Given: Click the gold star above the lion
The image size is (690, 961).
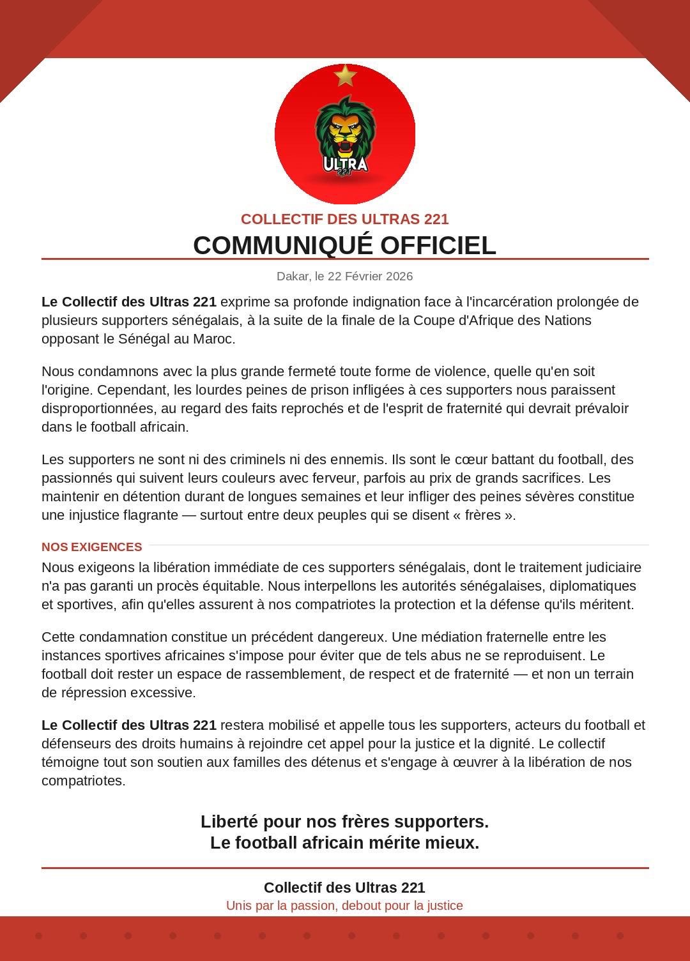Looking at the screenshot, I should click(345, 75).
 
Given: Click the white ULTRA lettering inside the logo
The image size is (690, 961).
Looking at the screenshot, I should click(345, 164).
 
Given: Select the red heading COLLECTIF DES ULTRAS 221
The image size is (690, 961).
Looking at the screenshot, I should click(345, 219).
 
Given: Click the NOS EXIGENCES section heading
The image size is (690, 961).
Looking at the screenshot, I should click(92, 547).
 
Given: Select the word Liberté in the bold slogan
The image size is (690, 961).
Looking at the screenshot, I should click(229, 822).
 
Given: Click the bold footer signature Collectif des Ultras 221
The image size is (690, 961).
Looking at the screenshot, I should click(344, 888).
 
